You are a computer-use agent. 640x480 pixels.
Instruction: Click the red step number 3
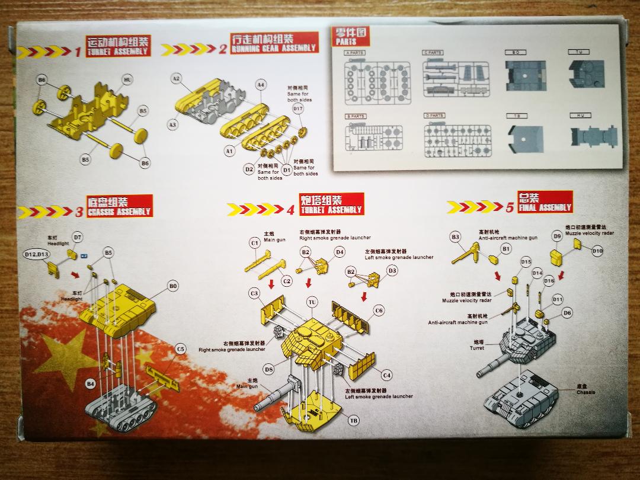(79, 212)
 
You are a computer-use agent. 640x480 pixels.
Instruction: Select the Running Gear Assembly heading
(274, 42)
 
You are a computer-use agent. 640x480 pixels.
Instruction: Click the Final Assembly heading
(545, 203)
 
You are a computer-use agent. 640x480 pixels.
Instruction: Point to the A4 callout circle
(261, 85)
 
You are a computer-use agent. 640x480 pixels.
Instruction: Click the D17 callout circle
(298, 109)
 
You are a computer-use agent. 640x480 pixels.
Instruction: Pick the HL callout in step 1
(127, 79)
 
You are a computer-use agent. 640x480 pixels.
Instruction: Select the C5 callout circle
(181, 349)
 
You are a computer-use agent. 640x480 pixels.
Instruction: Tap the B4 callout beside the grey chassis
(90, 384)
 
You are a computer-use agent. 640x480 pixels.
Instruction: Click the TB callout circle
(354, 421)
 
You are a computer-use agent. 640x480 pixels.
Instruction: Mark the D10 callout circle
(597, 251)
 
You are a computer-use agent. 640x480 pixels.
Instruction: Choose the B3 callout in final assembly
(455, 237)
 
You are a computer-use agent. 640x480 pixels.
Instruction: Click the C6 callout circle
(379, 311)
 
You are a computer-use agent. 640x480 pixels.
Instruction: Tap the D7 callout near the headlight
(77, 238)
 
